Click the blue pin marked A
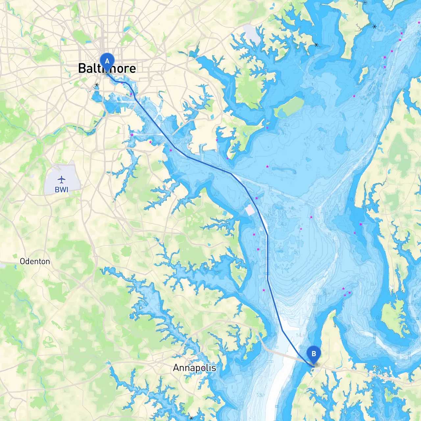(107, 61)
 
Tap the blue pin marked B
(313, 354)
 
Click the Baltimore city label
(107, 68)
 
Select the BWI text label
(62, 190)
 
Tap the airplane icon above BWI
(62, 180)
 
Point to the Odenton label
(35, 261)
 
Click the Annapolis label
(194, 368)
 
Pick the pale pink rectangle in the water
(250, 210)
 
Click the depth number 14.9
(300, 335)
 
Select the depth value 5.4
(320, 149)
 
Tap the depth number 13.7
(260, 395)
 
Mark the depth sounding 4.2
(283, 225)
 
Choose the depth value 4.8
(287, 125)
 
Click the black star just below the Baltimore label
(97, 85)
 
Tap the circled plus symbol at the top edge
(365, 2)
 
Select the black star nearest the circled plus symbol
(375, 26)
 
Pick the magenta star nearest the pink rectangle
(257, 198)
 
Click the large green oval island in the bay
(289, 107)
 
